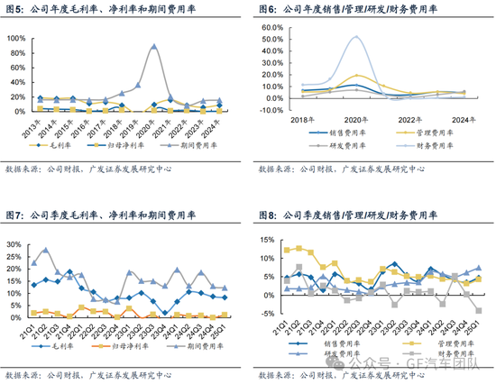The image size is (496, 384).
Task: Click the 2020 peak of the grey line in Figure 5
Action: click(x=153, y=46)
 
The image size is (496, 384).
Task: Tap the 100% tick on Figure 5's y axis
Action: click(x=16, y=39)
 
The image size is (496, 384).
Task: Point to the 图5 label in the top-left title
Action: click(x=14, y=8)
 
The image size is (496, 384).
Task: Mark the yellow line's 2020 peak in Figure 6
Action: click(x=358, y=76)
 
